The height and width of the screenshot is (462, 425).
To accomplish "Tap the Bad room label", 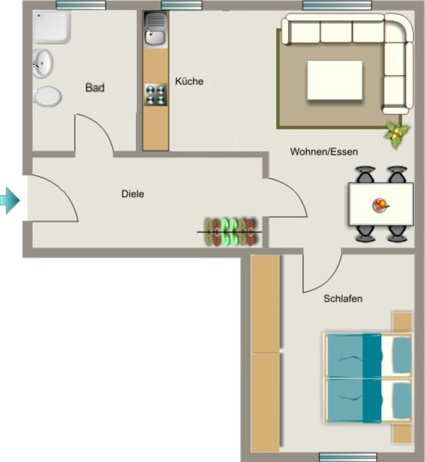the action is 95,88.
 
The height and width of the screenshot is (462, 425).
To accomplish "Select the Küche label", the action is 189,81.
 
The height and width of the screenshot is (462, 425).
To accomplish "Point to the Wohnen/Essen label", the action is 324,152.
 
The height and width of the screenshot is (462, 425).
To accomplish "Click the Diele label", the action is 133,194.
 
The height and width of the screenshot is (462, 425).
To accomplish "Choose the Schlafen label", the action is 343,299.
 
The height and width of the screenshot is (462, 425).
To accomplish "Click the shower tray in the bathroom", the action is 52,27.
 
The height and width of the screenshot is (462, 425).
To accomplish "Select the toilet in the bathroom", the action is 47,97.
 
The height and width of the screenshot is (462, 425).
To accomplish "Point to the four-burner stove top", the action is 155,95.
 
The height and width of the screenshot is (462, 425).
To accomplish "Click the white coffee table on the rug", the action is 335,80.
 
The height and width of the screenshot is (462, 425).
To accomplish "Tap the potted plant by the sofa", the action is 397,134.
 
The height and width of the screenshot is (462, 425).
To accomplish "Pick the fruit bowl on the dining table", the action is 380,205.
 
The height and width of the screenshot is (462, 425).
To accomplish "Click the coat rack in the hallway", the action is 229,232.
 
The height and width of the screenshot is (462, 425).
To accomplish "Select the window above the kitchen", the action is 182,5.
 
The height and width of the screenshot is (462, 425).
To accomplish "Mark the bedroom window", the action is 348,457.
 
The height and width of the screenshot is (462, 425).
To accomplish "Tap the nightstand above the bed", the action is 402,322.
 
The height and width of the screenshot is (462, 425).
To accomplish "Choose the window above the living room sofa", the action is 337,5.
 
